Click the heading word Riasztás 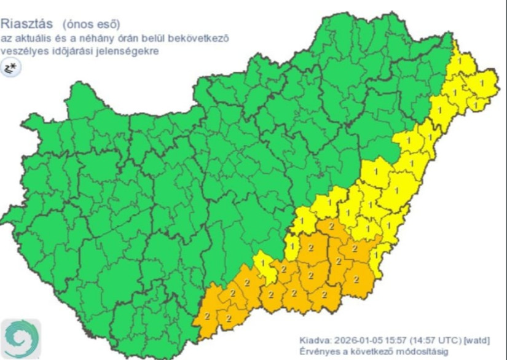(27, 25)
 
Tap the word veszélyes (24, 51)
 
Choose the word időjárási (73, 51)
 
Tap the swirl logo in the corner (21, 338)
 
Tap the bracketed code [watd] (478, 340)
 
